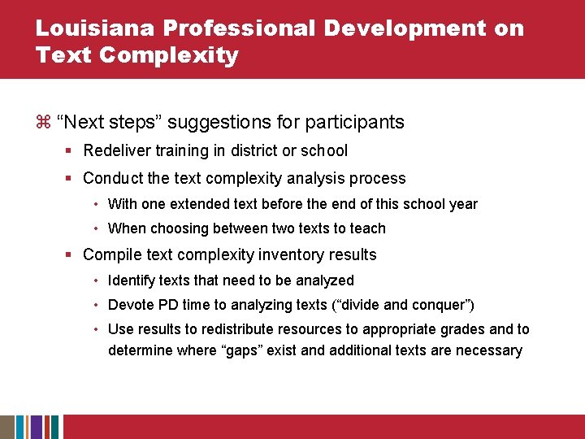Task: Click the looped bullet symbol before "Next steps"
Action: point(44,123)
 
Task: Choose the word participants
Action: point(356,123)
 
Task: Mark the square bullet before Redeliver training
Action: point(71,151)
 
